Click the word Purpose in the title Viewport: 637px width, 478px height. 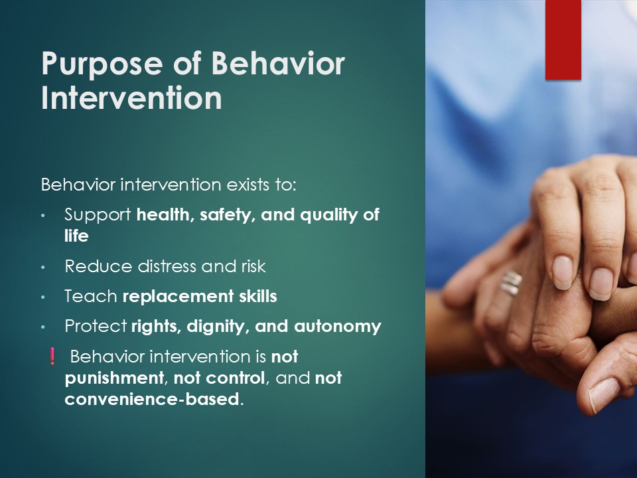coord(102,64)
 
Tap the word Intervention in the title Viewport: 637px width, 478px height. coord(131,98)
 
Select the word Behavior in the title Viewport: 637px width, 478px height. coord(278,64)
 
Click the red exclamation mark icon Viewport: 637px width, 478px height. coord(52,356)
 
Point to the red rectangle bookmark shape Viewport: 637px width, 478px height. coord(563,40)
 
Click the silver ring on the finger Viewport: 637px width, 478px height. coord(511,281)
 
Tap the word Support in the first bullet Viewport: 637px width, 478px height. coord(98,215)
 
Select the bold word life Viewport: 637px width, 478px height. coord(76,236)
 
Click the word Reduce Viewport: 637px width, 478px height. coord(98,267)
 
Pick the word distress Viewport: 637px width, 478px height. coord(167,267)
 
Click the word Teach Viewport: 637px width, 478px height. coord(91,296)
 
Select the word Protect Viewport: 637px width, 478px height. coord(96,327)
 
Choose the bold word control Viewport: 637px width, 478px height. coord(236,378)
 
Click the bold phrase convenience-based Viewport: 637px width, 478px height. coord(151,399)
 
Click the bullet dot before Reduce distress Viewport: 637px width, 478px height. coord(44,268)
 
